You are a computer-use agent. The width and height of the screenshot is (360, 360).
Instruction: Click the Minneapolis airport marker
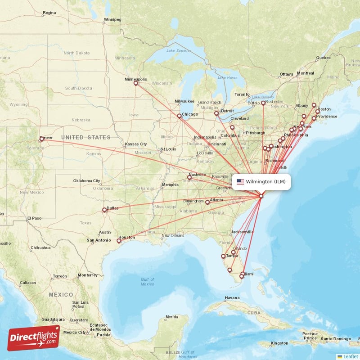(x=136, y=83)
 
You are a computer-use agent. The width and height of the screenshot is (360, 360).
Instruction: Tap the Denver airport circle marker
(x=42, y=139)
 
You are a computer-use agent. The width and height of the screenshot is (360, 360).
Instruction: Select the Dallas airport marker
(x=104, y=210)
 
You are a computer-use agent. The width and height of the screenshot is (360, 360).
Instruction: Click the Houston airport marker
(x=119, y=241)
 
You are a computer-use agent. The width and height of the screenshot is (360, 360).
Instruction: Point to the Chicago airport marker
(x=180, y=116)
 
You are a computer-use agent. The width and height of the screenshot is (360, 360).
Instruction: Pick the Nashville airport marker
(x=189, y=178)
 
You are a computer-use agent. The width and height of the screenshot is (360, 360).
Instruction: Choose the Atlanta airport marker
(x=207, y=202)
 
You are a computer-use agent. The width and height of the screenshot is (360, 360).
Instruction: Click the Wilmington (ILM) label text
(x=265, y=182)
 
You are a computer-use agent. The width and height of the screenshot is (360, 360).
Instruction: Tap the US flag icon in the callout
(x=240, y=182)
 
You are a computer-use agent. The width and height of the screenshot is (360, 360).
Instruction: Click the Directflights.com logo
(x=34, y=337)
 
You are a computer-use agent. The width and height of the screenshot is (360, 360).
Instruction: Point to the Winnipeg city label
(x=112, y=20)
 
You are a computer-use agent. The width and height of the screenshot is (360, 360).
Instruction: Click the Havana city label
(x=232, y=298)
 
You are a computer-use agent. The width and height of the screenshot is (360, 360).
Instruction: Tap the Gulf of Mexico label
(x=147, y=282)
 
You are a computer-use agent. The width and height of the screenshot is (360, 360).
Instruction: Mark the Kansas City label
(x=136, y=144)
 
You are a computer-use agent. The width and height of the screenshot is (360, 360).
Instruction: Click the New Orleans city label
(x=173, y=235)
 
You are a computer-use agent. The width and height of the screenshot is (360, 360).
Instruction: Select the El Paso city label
(x=34, y=218)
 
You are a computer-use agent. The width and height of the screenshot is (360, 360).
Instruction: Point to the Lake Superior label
(x=176, y=51)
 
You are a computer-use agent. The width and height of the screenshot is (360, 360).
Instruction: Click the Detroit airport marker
(x=216, y=113)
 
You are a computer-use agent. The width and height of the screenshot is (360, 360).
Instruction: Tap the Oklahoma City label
(x=87, y=181)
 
